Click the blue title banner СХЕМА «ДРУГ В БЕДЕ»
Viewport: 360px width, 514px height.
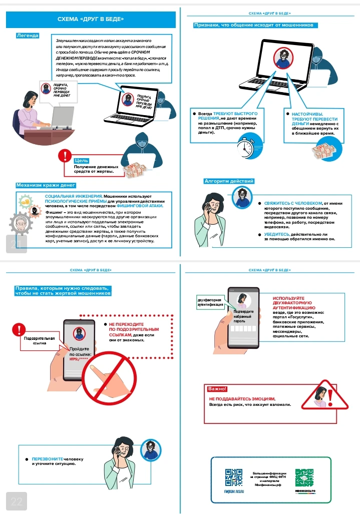91,20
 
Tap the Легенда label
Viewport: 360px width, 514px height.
28,36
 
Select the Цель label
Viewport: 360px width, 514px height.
81,161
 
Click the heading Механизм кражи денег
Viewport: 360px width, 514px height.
46,185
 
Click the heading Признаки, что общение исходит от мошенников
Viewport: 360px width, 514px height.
255,25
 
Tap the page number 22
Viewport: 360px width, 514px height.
17,501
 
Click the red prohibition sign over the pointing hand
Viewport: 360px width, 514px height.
110,380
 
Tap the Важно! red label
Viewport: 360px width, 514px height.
217,389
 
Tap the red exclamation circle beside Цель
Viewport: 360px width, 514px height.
65,156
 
